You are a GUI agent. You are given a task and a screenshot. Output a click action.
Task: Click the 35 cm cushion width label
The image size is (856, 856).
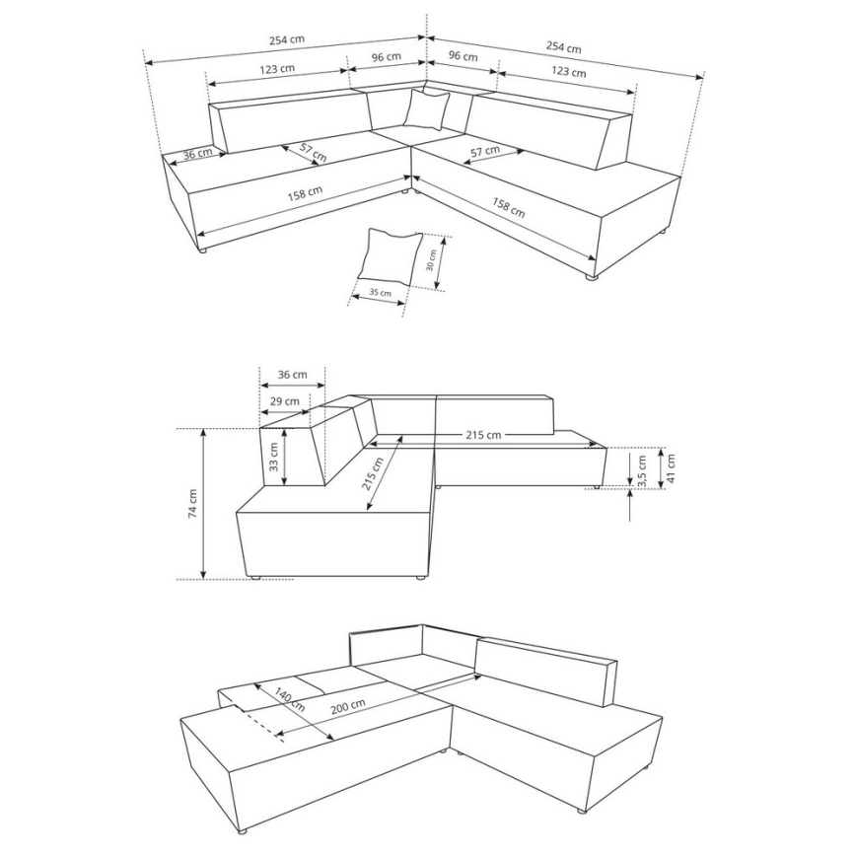pyautogui.click(x=380, y=292)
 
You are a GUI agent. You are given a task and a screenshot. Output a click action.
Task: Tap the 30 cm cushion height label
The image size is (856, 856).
pyautogui.click(x=431, y=259)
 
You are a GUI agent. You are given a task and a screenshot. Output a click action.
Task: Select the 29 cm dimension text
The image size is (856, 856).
pyautogui.click(x=285, y=401)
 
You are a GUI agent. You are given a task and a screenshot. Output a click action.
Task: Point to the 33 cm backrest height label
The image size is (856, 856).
pyautogui.click(x=273, y=455)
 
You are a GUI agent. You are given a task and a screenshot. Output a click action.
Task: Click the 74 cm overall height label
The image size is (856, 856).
pyautogui.click(x=192, y=503)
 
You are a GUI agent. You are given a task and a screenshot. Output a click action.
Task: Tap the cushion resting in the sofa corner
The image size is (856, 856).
pyautogui.click(x=426, y=108)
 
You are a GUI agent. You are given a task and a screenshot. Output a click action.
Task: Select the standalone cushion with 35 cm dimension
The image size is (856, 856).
pyautogui.click(x=390, y=255)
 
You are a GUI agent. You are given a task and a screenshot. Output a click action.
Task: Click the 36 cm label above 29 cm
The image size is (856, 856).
pyautogui.click(x=292, y=375)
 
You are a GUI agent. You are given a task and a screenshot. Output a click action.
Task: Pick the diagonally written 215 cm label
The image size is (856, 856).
pyautogui.click(x=375, y=476)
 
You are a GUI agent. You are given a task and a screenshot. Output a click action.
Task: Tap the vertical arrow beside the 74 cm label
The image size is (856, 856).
pyautogui.click(x=203, y=503)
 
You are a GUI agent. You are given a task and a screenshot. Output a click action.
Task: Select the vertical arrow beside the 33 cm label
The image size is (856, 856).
pyautogui.click(x=285, y=455)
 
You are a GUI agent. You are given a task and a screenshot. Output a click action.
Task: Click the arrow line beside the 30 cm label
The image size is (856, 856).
pyautogui.click(x=441, y=263)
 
